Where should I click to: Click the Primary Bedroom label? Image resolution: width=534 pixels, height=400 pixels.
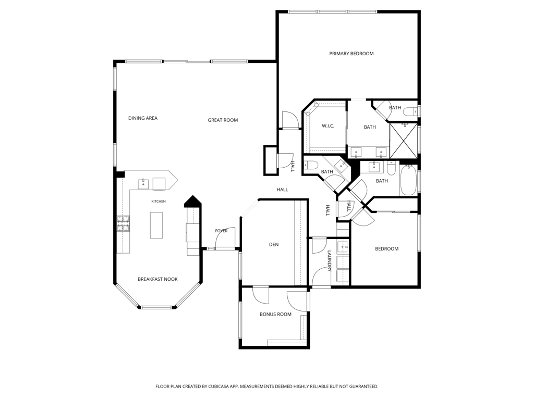point(351,54)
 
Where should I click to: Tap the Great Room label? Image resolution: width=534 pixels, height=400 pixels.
point(223,120)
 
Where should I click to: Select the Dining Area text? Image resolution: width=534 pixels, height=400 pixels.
point(143,118)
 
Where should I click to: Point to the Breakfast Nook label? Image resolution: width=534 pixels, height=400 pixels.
point(157,279)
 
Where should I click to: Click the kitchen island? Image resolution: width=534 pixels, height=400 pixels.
point(156,225)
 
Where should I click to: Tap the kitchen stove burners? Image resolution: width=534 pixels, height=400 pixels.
point(123,223)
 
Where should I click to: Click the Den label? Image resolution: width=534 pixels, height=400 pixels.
point(274,245)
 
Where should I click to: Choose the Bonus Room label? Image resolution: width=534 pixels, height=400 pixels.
point(275,314)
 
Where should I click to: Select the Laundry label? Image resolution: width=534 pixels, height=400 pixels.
point(330,261)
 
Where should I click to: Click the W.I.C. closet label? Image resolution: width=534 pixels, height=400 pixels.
point(328,126)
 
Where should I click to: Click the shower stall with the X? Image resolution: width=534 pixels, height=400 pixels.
point(403,141)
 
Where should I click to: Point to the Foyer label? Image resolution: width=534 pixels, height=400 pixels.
point(221,231)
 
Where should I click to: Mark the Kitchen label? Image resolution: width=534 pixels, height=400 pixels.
point(159,202)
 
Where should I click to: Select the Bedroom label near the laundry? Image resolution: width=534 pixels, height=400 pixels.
point(386,248)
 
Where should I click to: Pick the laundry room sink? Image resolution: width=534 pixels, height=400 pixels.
point(343,246)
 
